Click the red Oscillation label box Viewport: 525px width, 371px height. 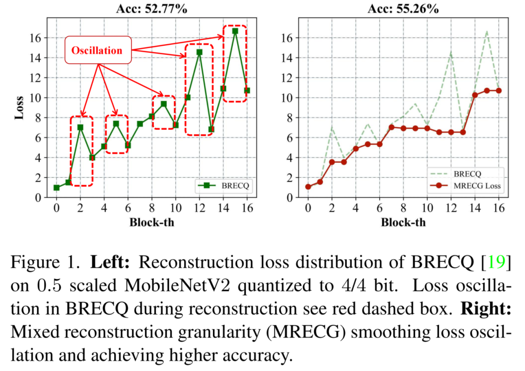pyautogui.click(x=98, y=50)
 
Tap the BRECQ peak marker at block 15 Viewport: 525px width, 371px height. pyautogui.click(x=235, y=31)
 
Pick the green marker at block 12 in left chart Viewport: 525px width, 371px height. pyautogui.click(x=199, y=52)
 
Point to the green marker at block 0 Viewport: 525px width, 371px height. pyautogui.click(x=56, y=187)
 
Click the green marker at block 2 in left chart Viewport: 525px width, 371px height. pyautogui.click(x=80, y=127)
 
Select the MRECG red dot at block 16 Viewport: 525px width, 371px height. pyautogui.click(x=498, y=91)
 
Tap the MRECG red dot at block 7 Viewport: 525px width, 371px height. pyautogui.click(x=391, y=127)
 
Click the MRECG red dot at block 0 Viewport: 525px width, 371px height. pyautogui.click(x=308, y=186)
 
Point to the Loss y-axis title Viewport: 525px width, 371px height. pyautogui.click(x=20, y=107)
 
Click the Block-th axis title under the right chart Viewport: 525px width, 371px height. pyautogui.click(x=403, y=222)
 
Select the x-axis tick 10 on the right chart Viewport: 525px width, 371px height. pyautogui.click(x=427, y=208)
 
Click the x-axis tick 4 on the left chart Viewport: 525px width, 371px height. pyautogui.click(x=104, y=208)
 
